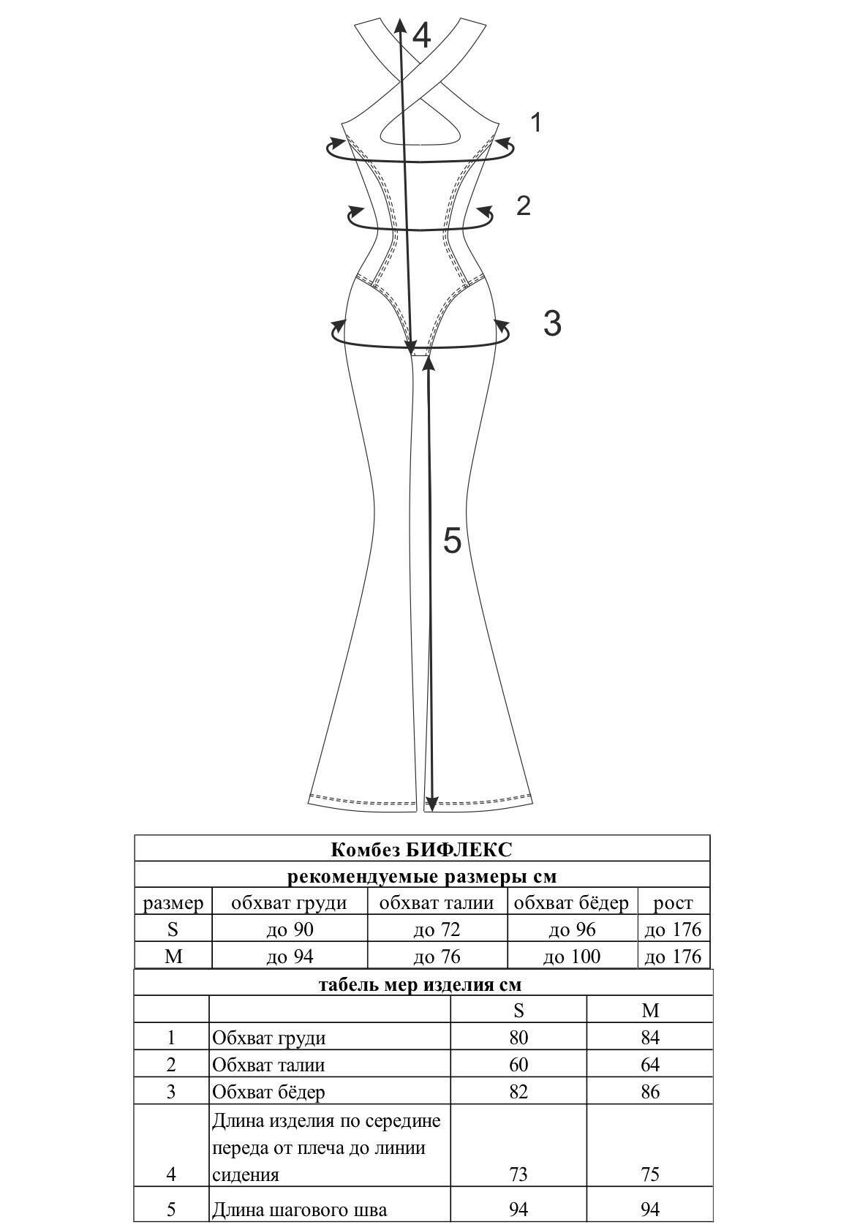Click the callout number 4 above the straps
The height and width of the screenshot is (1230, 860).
420,37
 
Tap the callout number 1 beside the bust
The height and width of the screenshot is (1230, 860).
535,122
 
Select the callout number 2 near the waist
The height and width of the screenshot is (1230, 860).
524,205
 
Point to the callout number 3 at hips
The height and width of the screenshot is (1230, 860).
552,323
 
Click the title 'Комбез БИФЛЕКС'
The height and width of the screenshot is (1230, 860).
421,850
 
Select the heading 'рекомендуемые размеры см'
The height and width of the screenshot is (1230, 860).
422,876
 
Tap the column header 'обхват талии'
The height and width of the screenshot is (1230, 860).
437,902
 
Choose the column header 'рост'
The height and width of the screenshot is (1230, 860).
674,904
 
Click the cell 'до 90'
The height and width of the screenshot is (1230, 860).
290,929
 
